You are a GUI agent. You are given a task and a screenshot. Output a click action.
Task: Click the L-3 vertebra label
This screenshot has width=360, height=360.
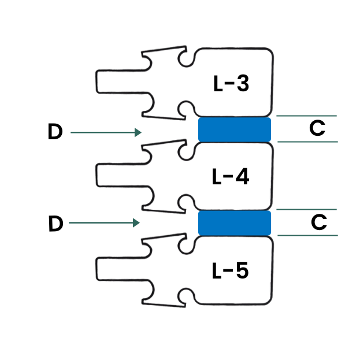pyautogui.click(x=231, y=84)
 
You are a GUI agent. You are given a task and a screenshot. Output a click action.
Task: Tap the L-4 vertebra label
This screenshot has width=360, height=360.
pyautogui.click(x=231, y=177)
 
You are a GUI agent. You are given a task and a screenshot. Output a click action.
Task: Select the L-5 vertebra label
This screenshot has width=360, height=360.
pyautogui.click(x=231, y=270)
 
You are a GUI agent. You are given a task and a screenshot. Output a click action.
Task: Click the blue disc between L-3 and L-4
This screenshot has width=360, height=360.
pyautogui.click(x=235, y=129)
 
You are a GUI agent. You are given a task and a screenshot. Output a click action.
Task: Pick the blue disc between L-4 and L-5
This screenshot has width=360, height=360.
pyautogui.click(x=235, y=223)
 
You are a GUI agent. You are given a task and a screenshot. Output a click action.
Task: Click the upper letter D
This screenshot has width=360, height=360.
pyautogui.click(x=55, y=131)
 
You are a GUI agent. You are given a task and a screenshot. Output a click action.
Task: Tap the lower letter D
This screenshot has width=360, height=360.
pyautogui.click(x=56, y=224)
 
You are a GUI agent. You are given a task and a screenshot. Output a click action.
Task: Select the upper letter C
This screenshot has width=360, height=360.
pyautogui.click(x=317, y=128)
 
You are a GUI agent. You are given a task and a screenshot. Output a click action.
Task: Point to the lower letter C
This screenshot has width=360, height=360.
pyautogui.click(x=319, y=222)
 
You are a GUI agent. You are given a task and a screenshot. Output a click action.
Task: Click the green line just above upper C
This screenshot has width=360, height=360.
pyautogui.click(x=306, y=116)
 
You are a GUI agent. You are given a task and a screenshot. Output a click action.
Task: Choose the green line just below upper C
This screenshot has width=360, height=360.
pyautogui.click(x=307, y=142)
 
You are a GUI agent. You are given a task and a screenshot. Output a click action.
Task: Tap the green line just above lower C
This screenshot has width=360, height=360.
pyautogui.click(x=306, y=209)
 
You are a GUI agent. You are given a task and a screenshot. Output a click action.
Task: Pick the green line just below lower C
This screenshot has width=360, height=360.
pyautogui.click(x=307, y=235)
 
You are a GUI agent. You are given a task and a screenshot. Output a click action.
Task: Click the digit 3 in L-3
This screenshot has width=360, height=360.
pyautogui.click(x=243, y=84)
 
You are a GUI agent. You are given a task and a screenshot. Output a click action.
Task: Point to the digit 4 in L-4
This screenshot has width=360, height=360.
pyautogui.click(x=243, y=177)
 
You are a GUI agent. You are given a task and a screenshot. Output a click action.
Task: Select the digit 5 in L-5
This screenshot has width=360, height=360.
pyautogui.click(x=243, y=270)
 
